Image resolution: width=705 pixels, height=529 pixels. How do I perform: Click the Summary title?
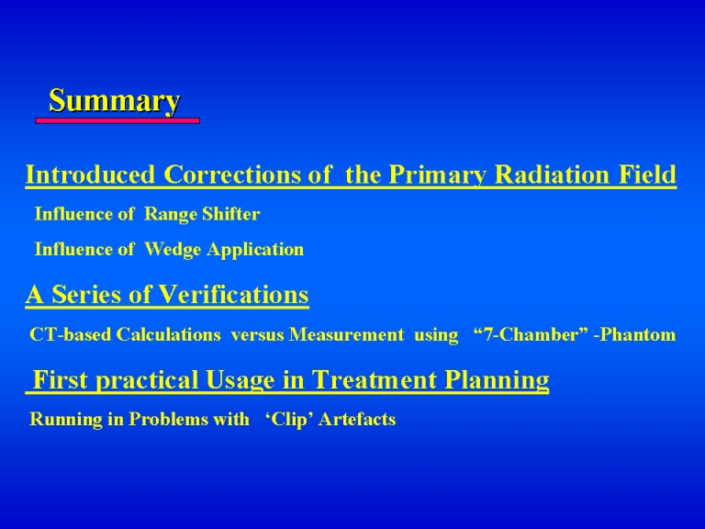tap(115, 101)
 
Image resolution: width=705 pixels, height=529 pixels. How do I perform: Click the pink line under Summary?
tap(117, 120)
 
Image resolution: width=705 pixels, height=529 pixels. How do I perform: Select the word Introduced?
tap(90, 174)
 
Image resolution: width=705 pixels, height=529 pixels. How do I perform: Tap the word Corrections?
tap(232, 174)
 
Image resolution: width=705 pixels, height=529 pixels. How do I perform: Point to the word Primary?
tap(438, 175)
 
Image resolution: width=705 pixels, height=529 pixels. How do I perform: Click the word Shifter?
tap(231, 214)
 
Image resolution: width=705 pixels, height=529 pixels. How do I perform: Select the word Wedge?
tap(173, 250)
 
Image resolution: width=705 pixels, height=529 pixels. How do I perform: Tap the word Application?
tap(255, 250)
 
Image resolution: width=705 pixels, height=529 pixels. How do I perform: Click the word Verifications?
tap(234, 295)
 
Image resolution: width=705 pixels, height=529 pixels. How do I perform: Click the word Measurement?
tap(347, 334)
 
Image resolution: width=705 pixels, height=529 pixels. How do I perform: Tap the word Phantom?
tap(638, 334)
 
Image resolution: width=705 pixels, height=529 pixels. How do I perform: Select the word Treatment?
tap(375, 379)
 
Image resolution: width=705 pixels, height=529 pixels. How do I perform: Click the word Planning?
tap(497, 381)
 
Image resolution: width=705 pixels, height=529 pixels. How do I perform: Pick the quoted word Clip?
tap(288, 420)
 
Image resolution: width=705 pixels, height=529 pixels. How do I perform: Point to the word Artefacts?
tap(357, 419)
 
